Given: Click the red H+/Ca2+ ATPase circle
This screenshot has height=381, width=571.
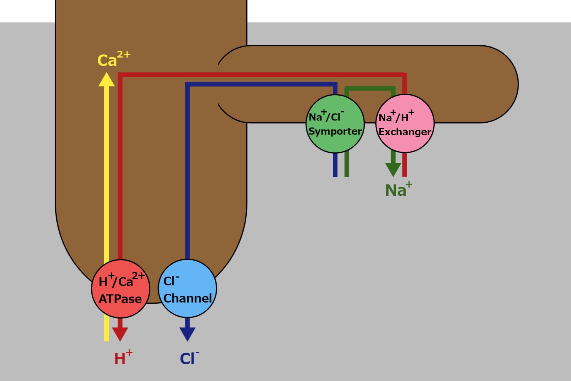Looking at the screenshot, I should [x=121, y=289].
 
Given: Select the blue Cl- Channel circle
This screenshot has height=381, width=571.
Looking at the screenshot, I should [x=187, y=288].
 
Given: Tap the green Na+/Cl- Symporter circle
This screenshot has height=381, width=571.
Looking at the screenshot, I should [x=335, y=124].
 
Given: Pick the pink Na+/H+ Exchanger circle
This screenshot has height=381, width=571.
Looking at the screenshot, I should [x=405, y=124].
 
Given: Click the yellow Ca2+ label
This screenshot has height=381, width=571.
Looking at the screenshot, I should [x=113, y=59].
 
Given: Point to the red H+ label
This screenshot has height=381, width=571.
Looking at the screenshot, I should [x=123, y=358].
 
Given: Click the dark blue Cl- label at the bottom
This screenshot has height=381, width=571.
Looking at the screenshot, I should [x=189, y=358].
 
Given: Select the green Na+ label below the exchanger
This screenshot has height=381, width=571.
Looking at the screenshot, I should [x=398, y=190].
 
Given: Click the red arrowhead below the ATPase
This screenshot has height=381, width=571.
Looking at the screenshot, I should [x=120, y=334].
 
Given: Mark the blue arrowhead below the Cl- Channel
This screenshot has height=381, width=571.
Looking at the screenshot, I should [x=187, y=334].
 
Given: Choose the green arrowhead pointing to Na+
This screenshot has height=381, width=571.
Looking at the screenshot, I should [x=393, y=169].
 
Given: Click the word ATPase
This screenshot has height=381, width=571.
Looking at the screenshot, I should [x=120, y=299].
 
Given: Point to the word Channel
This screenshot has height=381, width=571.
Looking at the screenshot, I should [x=188, y=298].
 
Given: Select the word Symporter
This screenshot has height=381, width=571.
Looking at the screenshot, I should [x=335, y=131].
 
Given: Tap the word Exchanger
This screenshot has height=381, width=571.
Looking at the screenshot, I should [x=405, y=132].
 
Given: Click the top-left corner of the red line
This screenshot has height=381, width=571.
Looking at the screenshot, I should [x=120, y=75].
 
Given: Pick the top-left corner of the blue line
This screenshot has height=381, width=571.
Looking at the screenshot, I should [x=187, y=84].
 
